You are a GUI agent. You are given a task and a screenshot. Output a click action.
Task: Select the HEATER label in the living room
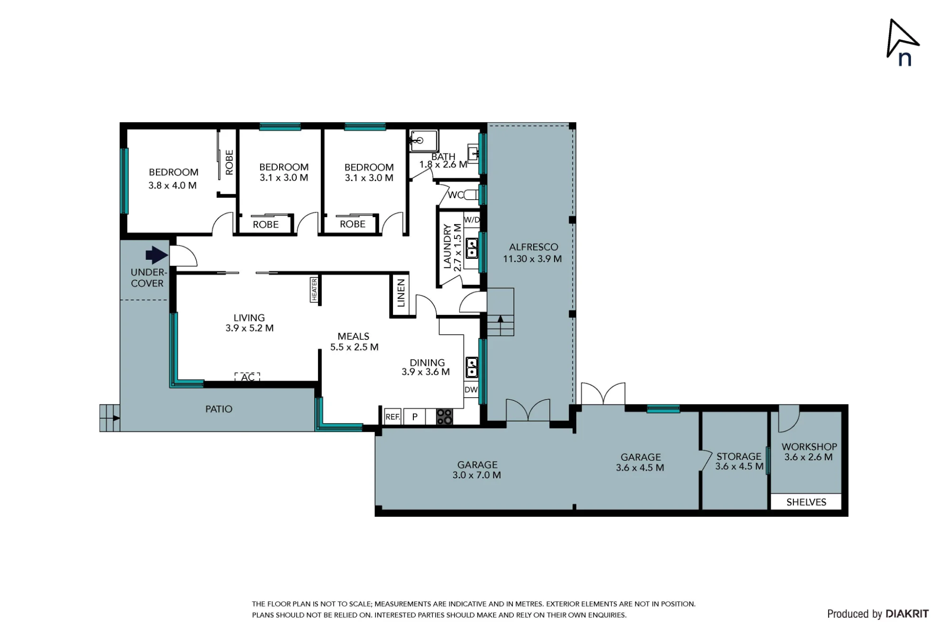click(314, 289)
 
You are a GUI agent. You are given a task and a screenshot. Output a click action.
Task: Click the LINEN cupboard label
click(401, 293)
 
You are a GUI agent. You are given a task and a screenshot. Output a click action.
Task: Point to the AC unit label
click(247, 377)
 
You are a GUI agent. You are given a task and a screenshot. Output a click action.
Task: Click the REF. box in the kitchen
click(393, 417)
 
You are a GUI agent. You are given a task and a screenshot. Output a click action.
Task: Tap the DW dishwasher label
click(471, 390)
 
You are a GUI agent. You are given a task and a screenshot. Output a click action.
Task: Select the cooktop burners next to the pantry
click(445, 417)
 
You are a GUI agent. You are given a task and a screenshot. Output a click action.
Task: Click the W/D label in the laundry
click(472, 220)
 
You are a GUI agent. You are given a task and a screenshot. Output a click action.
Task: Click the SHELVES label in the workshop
click(806, 502)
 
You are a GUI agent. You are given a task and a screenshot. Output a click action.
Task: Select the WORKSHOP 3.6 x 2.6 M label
click(809, 452)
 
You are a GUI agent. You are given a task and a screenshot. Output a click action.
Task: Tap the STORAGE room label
click(739, 456)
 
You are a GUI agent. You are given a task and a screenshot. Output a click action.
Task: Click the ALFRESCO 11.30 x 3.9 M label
click(533, 253)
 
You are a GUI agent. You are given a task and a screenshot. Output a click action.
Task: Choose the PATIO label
click(219, 409)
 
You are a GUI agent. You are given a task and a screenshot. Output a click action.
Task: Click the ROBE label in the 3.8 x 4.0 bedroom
click(229, 163)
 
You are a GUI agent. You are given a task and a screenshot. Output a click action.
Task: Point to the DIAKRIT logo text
click(907, 614)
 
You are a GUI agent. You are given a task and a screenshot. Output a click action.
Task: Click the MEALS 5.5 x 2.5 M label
click(354, 342)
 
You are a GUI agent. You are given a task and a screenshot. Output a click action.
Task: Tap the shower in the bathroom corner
click(424, 140)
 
